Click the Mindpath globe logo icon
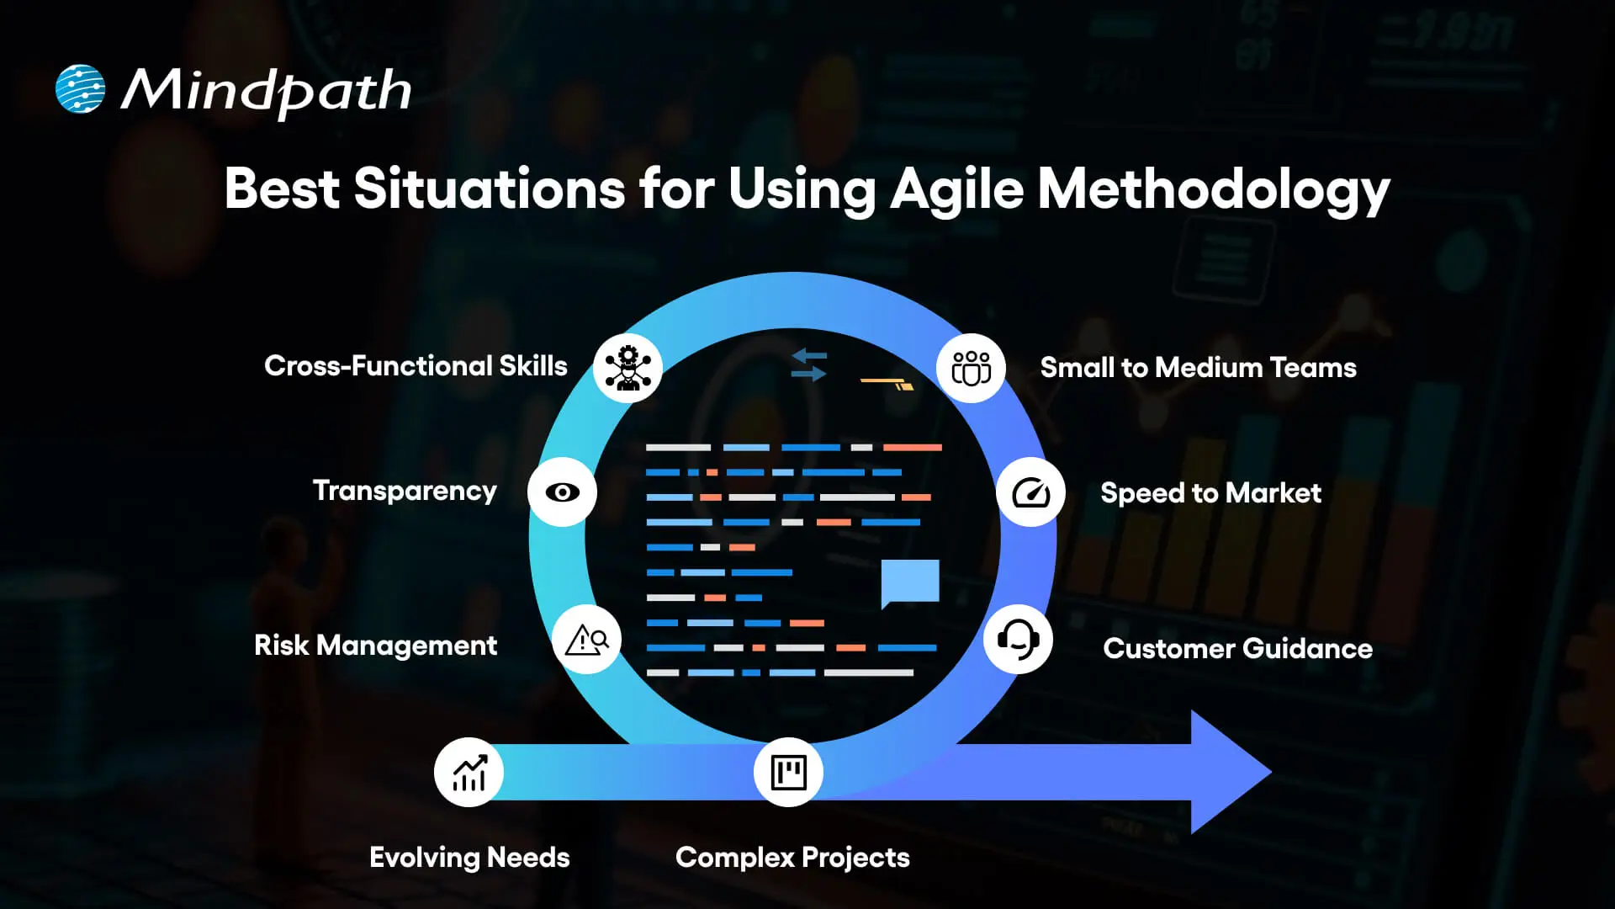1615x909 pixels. pyautogui.click(x=80, y=88)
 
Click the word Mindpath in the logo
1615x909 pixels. pyautogui.click(x=266, y=91)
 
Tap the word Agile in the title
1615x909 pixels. pyautogui.click(x=956, y=189)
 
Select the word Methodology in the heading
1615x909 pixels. pyautogui.click(x=1213, y=189)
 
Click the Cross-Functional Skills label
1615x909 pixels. pyautogui.click(x=416, y=366)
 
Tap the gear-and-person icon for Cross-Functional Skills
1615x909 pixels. pyautogui.click(x=627, y=368)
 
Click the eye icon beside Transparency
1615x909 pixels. pyautogui.click(x=562, y=492)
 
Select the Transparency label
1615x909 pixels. pyautogui.click(x=405, y=491)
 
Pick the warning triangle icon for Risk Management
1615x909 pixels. pyautogui.click(x=586, y=641)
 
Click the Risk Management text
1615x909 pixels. pyautogui.click(x=375, y=646)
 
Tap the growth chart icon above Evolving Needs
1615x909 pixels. pyautogui.click(x=469, y=772)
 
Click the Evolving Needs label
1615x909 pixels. pyautogui.click(x=469, y=858)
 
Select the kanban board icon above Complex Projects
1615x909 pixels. pyautogui.click(x=788, y=772)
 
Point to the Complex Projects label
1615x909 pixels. pyautogui.click(x=792, y=858)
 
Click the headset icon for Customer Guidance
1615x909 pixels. pyautogui.click(x=1018, y=640)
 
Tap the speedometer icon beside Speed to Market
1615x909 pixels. pyautogui.click(x=1030, y=492)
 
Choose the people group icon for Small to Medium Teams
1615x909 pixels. pyautogui.click(x=971, y=368)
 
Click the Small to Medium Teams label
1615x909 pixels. pyautogui.click(x=1198, y=368)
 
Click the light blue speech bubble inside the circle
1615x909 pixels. pyautogui.click(x=910, y=582)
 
